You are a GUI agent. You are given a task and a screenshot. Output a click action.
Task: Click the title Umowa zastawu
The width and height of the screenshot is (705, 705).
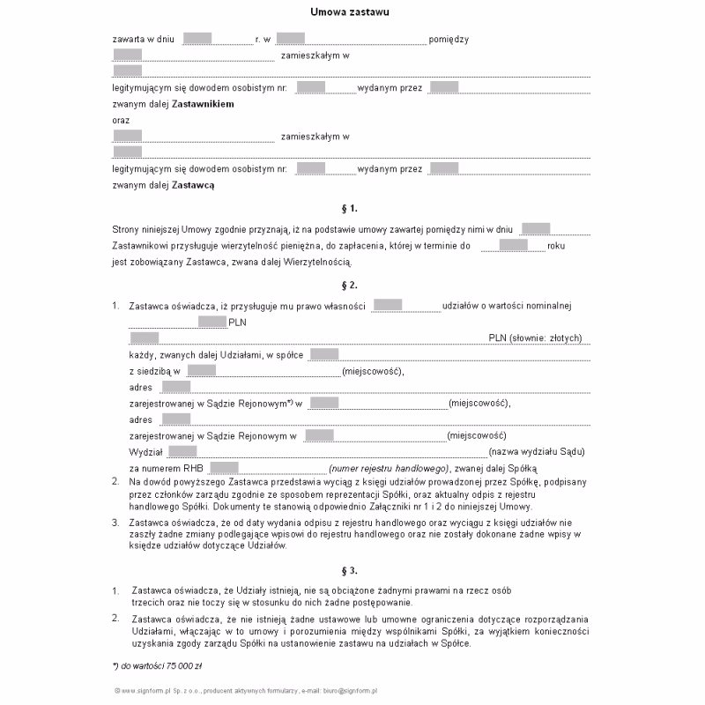click(x=350, y=12)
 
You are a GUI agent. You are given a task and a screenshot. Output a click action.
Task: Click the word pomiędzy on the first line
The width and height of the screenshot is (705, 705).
click(x=449, y=39)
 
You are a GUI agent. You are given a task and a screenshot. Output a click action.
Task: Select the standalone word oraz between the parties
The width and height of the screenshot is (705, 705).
click(x=121, y=119)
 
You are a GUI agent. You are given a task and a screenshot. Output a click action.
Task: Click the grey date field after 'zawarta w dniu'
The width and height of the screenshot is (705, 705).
click(x=197, y=39)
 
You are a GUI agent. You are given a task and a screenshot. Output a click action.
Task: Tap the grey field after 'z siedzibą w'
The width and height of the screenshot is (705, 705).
click(x=202, y=370)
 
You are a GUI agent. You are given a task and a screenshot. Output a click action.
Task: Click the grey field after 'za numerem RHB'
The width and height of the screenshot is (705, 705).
click(x=225, y=468)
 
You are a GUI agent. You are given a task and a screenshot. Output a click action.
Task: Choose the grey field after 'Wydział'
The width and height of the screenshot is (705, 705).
click(x=183, y=451)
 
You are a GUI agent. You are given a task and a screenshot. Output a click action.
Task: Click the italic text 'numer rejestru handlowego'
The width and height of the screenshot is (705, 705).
click(x=389, y=468)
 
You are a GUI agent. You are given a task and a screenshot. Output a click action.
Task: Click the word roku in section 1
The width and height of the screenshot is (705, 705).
click(x=556, y=246)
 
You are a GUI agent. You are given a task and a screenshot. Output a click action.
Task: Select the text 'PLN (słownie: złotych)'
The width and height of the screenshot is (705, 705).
click(x=535, y=338)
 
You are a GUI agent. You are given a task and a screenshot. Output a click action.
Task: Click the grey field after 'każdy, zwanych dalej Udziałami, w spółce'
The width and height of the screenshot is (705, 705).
click(x=324, y=354)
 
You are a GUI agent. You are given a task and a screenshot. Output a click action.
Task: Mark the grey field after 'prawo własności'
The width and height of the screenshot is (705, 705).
click(x=388, y=306)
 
